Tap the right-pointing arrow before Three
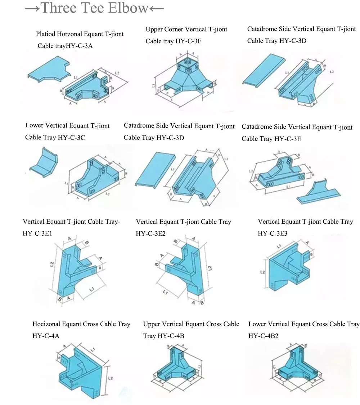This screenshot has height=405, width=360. [x=32, y=8]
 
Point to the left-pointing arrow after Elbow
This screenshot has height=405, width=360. [x=156, y=8]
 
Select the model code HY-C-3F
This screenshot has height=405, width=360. [x=188, y=41]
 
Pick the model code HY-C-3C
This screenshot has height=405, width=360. [x=71, y=137]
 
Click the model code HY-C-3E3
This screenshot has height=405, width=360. [x=273, y=233]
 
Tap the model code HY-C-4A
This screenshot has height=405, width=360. [x=46, y=336]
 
